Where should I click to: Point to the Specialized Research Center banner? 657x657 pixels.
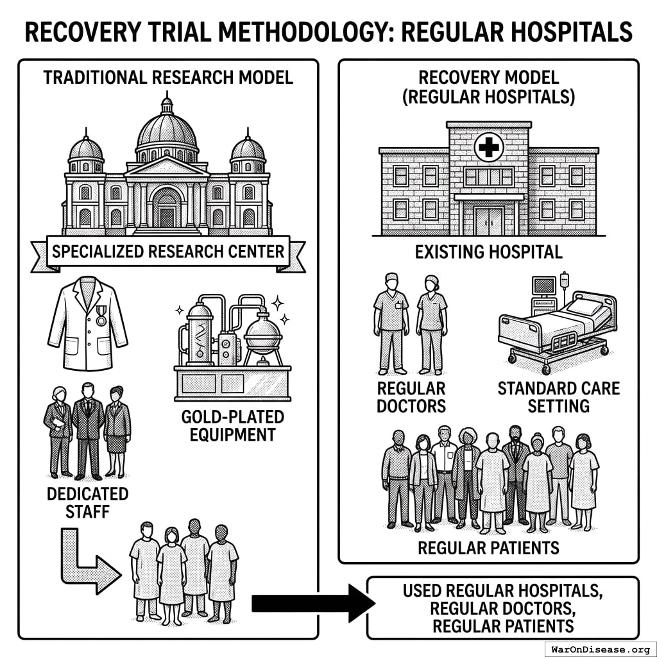[x=167, y=251]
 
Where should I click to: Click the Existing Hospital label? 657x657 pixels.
[x=488, y=252]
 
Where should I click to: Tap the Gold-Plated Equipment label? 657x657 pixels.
[x=232, y=425]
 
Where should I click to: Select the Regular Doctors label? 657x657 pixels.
[x=411, y=397]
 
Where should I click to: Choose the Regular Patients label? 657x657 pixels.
[x=488, y=547]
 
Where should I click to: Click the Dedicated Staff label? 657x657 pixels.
[x=87, y=502]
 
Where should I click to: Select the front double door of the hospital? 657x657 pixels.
[x=488, y=220]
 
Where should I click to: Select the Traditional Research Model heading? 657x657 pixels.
[x=167, y=78]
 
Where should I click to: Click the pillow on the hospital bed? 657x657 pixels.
[x=586, y=305]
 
